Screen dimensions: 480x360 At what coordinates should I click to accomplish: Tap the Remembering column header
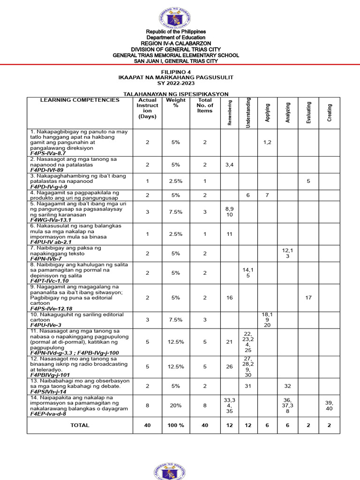tap(230, 112)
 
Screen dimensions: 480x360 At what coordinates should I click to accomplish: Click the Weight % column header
tap(176, 103)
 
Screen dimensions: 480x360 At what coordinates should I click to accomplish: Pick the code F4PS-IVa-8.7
tap(48, 153)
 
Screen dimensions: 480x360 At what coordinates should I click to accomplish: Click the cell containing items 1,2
tap(267, 142)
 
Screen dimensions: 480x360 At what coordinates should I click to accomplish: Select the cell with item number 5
tap(308, 181)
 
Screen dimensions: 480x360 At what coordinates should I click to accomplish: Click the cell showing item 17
tap(308, 298)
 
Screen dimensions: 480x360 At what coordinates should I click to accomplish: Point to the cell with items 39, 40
tap(330, 406)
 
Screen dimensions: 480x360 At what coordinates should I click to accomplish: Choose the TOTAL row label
tap(80, 425)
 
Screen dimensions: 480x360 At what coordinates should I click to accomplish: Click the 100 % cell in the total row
tap(176, 425)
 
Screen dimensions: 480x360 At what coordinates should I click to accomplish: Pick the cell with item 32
tap(287, 386)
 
